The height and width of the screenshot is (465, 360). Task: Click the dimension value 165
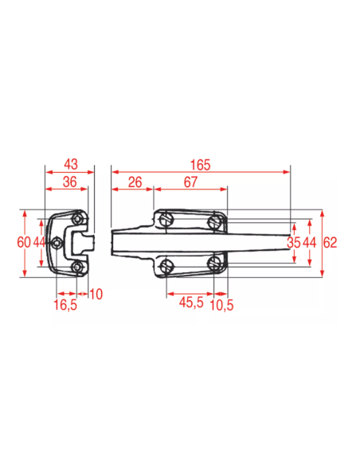click(200, 165)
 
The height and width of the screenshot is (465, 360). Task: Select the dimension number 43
click(71, 164)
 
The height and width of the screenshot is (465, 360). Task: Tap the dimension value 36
click(69, 182)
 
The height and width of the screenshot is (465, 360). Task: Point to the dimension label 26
click(135, 182)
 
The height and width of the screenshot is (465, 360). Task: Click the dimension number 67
click(190, 182)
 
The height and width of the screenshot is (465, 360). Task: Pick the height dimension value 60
click(24, 242)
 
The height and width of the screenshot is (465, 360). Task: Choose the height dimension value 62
click(330, 243)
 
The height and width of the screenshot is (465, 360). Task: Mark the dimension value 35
click(294, 243)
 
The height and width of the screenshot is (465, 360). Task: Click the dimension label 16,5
click(65, 305)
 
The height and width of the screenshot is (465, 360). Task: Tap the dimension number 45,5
click(191, 303)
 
